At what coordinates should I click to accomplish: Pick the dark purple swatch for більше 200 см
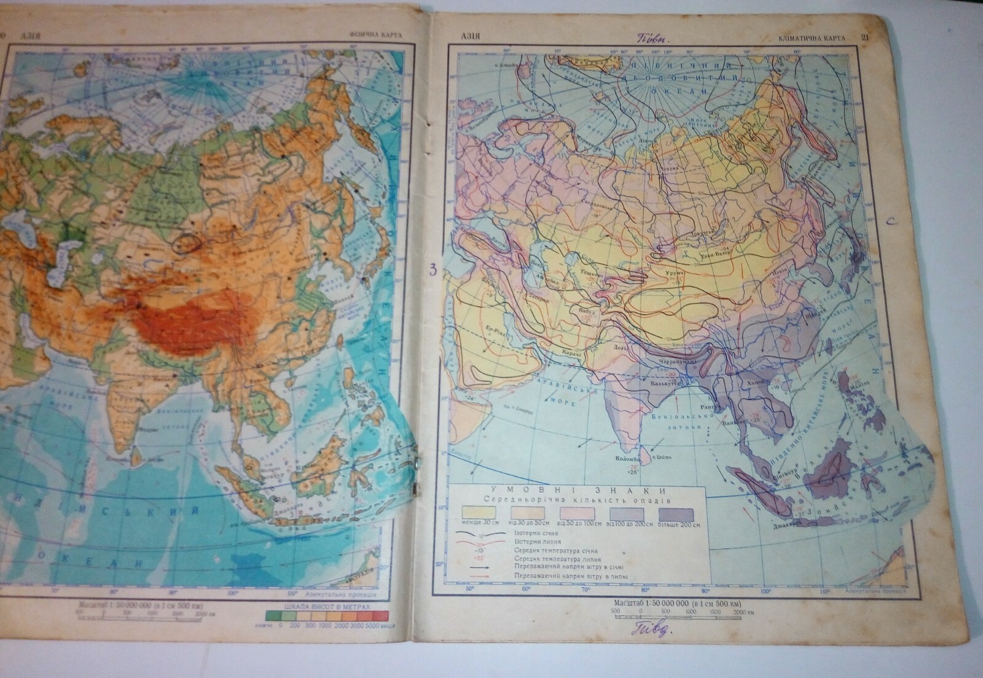(x=676, y=514)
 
